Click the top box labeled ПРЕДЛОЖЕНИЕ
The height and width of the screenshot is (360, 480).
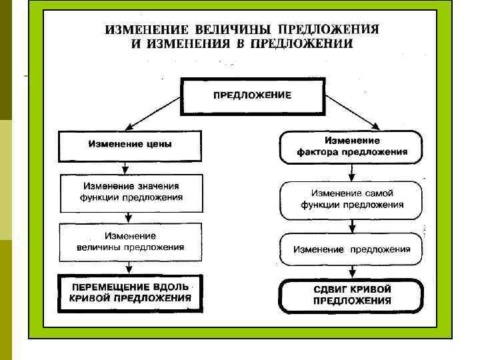(252, 96)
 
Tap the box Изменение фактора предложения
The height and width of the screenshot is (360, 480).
(351, 147)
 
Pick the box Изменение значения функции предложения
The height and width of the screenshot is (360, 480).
(131, 192)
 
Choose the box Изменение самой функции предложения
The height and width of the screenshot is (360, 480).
(351, 199)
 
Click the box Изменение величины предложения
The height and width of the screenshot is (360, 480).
(131, 241)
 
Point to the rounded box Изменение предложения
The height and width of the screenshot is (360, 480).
(351, 249)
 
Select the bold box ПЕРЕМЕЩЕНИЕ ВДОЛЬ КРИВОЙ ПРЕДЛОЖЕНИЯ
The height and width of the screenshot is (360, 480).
(131, 293)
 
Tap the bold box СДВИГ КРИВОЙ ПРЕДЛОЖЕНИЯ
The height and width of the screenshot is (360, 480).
(351, 295)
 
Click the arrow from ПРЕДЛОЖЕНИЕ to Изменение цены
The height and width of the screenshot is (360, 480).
(153, 112)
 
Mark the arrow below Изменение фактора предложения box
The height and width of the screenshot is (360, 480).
(351, 173)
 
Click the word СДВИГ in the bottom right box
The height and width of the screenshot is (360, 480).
(331, 289)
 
